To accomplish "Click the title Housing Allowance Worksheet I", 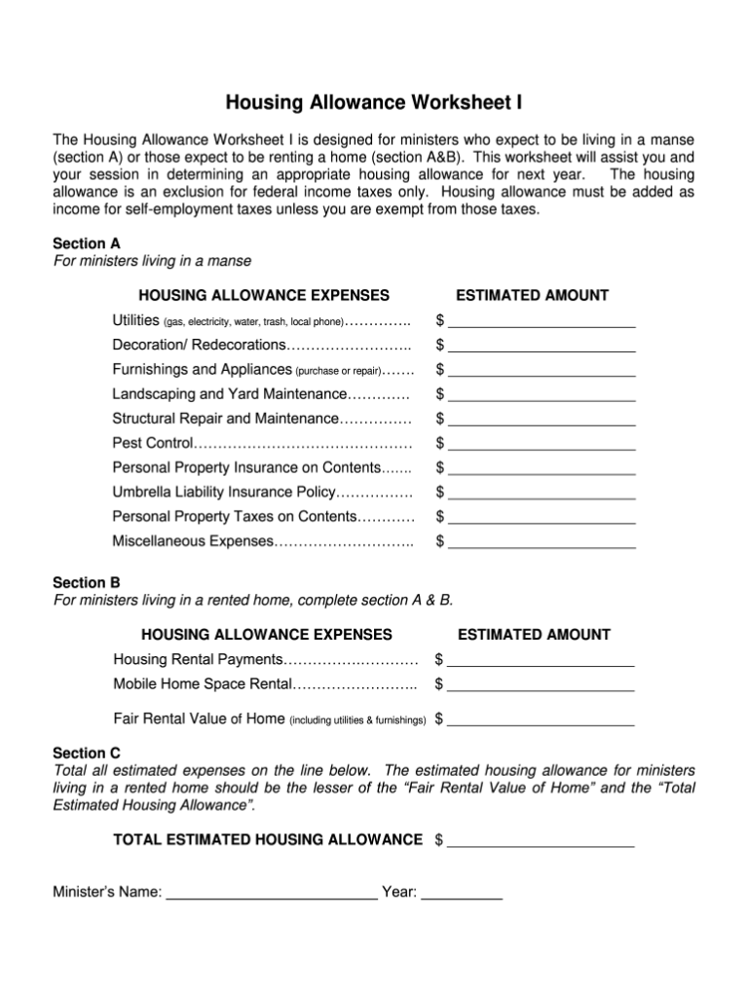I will pyautogui.click(x=374, y=102).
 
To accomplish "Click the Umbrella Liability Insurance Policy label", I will pyautogui.click(x=224, y=492).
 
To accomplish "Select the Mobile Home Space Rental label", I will pyautogui.click(x=203, y=683).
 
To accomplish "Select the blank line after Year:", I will pyautogui.click(x=462, y=892).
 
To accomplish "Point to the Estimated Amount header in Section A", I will pyautogui.click(x=533, y=295).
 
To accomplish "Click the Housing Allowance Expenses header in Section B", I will pyautogui.click(x=266, y=635).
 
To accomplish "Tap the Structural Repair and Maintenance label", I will pyautogui.click(x=225, y=419).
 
